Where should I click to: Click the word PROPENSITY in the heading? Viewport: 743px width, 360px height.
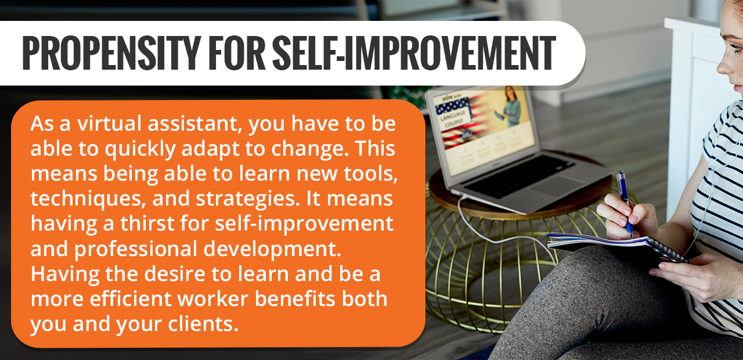coord(111,53)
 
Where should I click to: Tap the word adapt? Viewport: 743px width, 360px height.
coord(210,149)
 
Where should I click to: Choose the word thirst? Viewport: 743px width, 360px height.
coord(147,224)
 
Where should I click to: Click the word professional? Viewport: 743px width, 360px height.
coord(135,249)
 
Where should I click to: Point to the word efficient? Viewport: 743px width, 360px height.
coord(131,298)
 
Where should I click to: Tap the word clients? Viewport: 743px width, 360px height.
coord(203,323)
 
